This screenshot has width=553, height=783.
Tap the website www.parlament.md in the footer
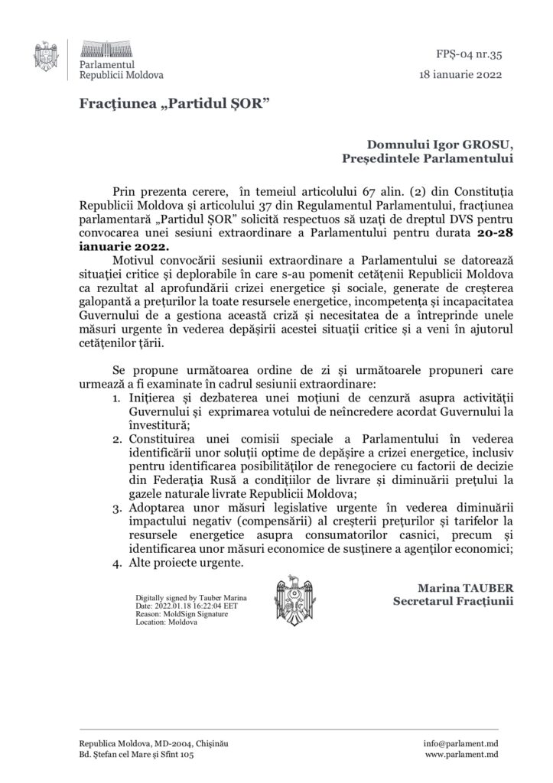click(x=461, y=755)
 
